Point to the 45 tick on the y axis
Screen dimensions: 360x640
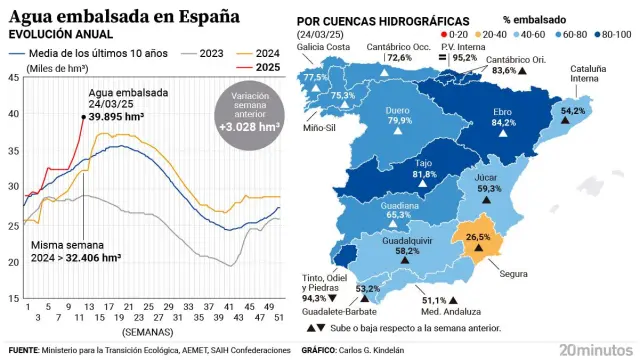tap(13, 77)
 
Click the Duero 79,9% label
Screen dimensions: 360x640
tap(400, 114)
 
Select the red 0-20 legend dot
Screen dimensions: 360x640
tap(443, 33)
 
